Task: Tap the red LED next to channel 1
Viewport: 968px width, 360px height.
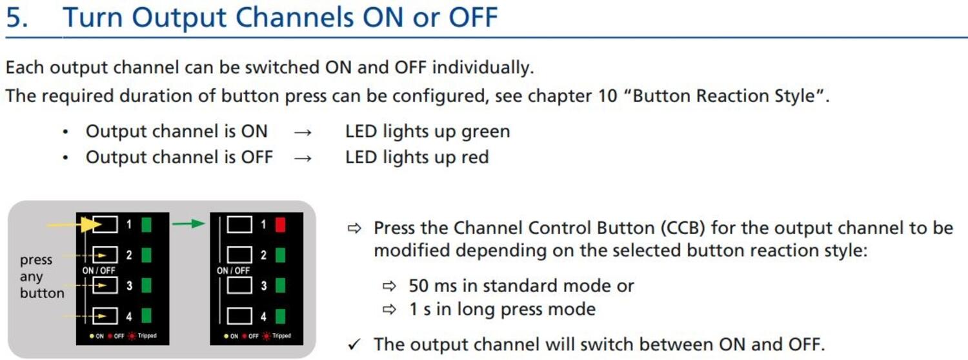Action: click(279, 225)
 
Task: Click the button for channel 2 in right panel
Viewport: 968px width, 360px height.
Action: click(239, 255)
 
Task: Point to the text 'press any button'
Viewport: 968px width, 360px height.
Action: click(41, 277)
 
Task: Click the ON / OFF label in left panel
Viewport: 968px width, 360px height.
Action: click(99, 270)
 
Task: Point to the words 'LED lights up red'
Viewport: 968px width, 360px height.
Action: click(416, 157)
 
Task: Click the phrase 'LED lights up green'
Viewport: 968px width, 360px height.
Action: click(427, 132)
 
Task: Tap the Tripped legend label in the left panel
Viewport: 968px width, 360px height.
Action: click(146, 336)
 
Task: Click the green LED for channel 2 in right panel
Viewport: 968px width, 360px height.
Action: click(279, 255)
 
